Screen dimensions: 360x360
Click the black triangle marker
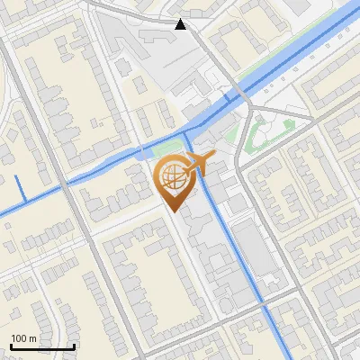[x=181, y=24]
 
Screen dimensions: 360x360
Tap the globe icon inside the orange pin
[x=174, y=177]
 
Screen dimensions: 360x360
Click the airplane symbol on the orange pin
[x=199, y=163]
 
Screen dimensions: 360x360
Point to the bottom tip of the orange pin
[x=174, y=212]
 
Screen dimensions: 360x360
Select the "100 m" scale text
[x=23, y=338]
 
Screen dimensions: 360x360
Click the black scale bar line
[x=41, y=346]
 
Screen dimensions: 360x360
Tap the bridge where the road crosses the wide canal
[x=240, y=97]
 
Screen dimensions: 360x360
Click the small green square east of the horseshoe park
[x=288, y=125]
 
